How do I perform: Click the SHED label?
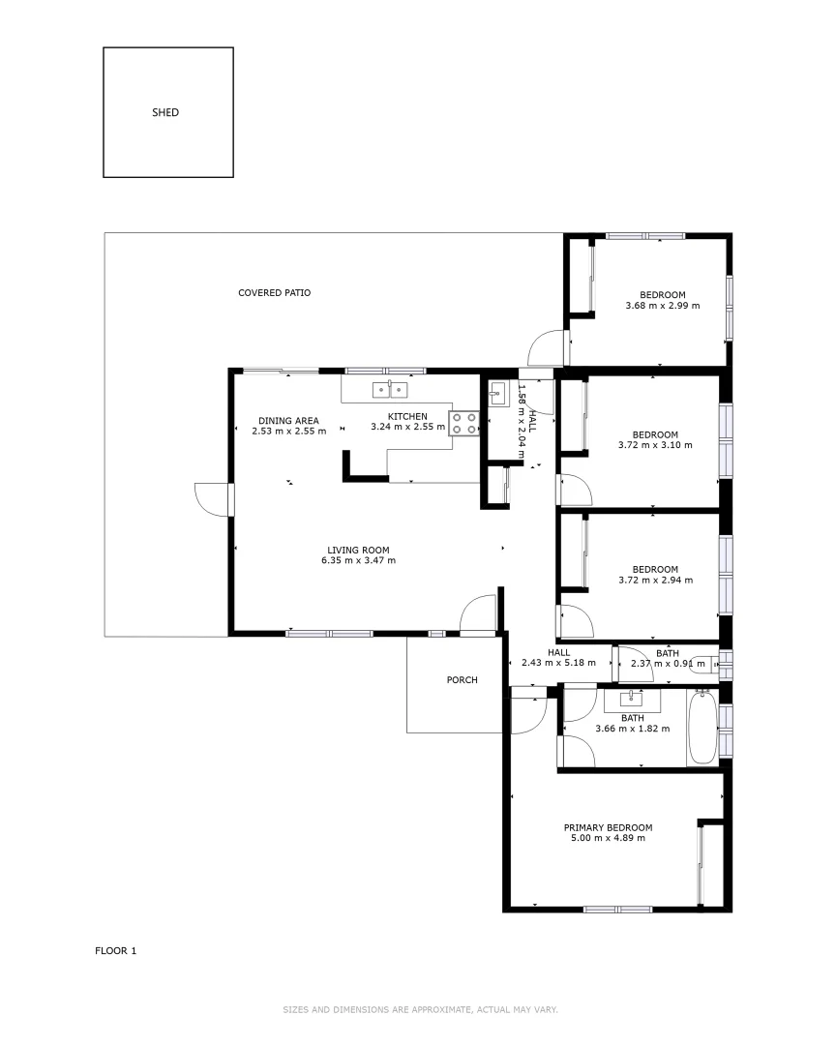(x=165, y=112)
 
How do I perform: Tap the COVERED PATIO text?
(x=275, y=292)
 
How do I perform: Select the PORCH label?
(x=462, y=680)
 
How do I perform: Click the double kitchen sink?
(x=390, y=390)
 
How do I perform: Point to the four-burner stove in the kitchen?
(x=463, y=423)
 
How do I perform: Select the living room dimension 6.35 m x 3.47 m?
(x=358, y=560)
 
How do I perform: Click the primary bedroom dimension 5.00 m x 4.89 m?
(x=608, y=838)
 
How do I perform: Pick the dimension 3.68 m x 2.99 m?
(x=662, y=306)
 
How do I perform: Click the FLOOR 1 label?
(x=116, y=950)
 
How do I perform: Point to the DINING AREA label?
(x=288, y=420)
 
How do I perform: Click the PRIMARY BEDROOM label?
(x=608, y=827)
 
